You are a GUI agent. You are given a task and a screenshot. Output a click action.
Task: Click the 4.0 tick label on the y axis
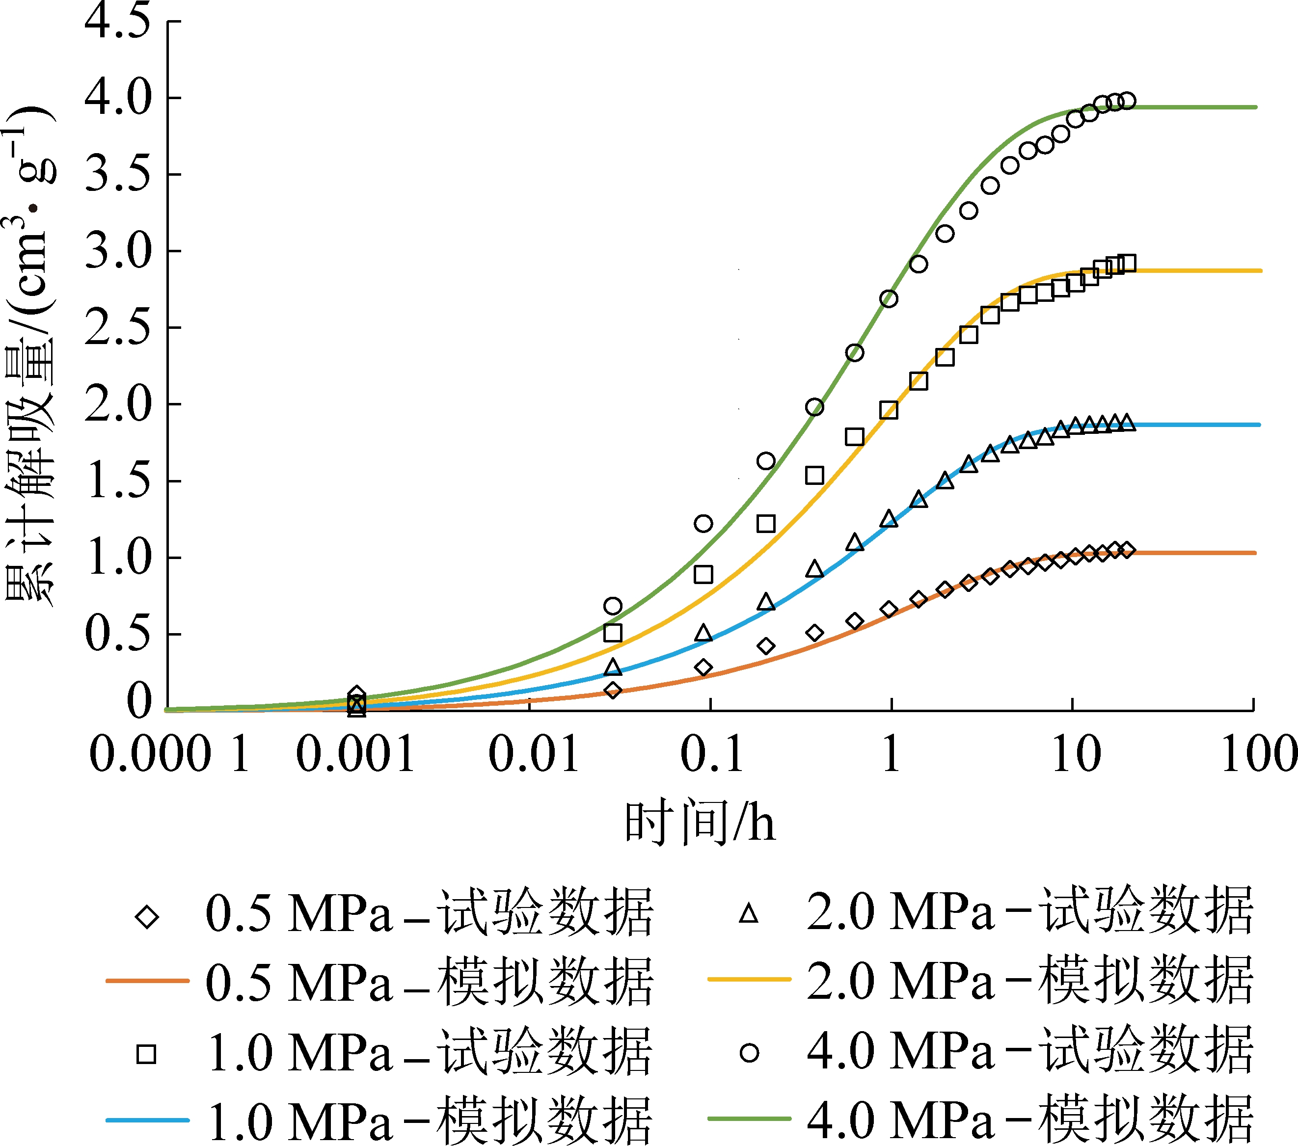point(118,99)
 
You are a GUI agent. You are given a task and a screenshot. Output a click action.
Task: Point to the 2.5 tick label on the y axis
point(118,328)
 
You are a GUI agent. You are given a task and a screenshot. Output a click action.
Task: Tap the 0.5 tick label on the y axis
point(118,634)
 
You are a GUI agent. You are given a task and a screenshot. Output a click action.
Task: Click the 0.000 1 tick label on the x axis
point(169,754)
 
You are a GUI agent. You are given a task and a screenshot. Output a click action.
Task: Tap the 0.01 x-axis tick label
point(534,754)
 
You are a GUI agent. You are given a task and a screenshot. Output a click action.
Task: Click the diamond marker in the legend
point(147,917)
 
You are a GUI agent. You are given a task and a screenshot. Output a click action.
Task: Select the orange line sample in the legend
point(147,981)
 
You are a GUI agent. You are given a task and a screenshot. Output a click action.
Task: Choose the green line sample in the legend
point(749,1119)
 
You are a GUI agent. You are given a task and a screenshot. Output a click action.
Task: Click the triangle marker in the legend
point(749,914)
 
